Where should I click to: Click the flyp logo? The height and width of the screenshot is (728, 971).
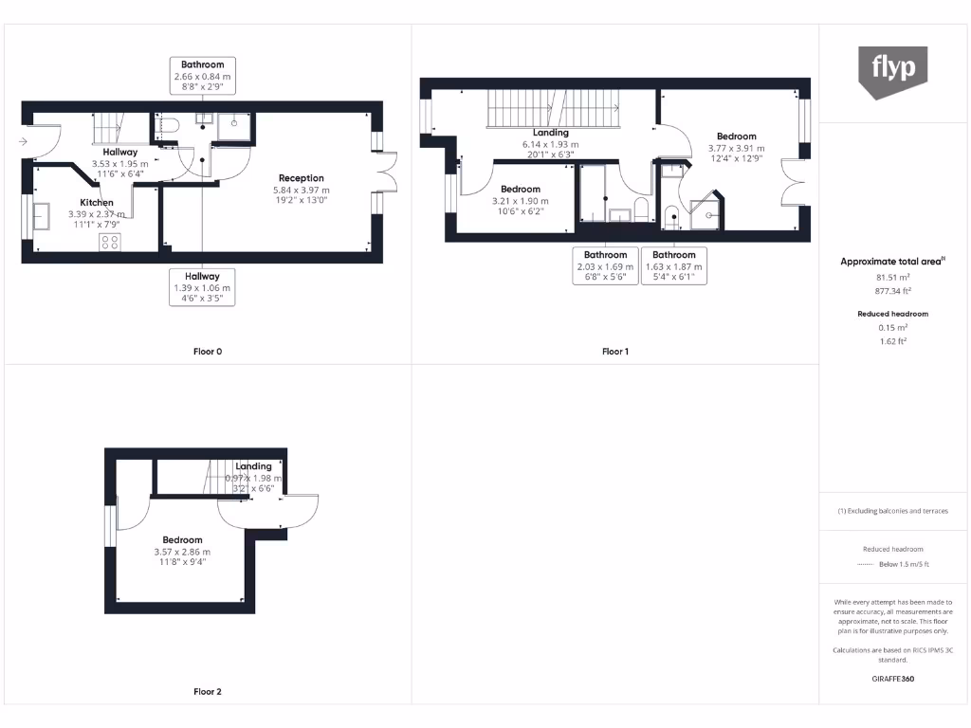[x=893, y=70]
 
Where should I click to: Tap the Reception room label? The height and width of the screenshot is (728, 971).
[x=301, y=178]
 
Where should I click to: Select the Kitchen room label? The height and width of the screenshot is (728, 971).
[x=97, y=203]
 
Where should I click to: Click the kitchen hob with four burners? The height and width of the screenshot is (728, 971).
[x=109, y=242]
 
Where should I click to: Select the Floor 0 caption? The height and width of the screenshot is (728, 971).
[x=208, y=352]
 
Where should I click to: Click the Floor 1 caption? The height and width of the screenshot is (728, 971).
[x=614, y=352]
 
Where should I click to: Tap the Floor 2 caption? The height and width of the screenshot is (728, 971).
[x=208, y=692]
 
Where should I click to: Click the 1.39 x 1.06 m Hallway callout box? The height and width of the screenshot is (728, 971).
[x=202, y=287]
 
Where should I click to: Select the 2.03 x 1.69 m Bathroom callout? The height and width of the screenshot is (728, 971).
[x=605, y=266]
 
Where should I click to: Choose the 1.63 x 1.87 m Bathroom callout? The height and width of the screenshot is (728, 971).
[x=674, y=266]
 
